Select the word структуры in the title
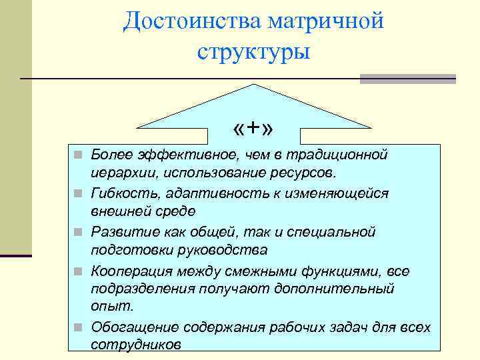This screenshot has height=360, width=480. (253, 51)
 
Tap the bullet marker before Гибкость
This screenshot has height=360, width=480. (79, 194)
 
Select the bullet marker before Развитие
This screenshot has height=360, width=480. (79, 233)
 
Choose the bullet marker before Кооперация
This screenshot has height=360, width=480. (79, 271)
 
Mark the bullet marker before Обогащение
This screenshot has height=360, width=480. (79, 328)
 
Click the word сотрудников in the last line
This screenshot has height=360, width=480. (135, 345)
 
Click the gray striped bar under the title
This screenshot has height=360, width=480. (407, 79)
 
